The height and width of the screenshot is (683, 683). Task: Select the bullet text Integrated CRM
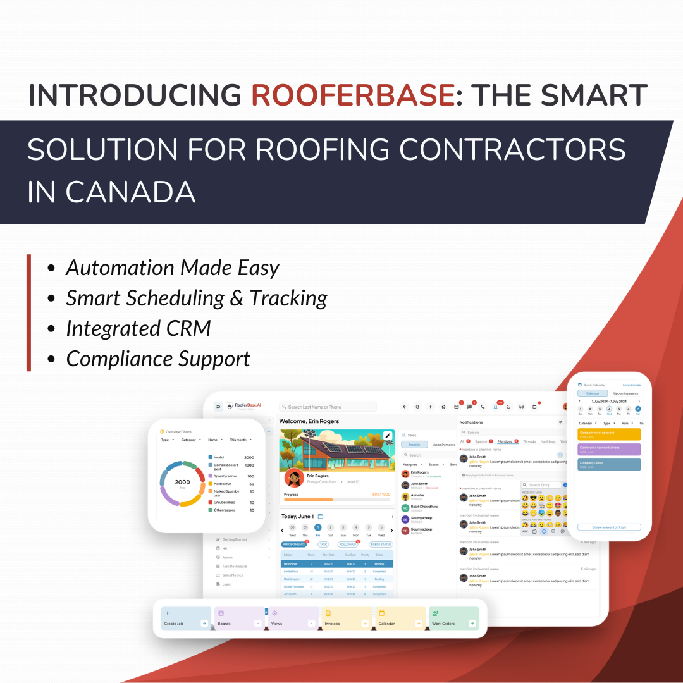(138, 328)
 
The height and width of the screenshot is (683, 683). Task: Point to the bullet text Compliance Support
(158, 359)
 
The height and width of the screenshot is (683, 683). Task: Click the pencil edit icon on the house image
(388, 435)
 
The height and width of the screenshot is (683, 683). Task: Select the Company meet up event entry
(609, 434)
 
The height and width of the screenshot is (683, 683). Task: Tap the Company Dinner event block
(609, 464)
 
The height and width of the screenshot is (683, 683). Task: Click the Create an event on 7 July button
(609, 527)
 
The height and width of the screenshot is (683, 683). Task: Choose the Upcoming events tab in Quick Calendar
(625, 393)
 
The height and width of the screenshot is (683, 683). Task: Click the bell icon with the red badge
(495, 407)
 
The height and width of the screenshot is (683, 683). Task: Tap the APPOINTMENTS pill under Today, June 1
(294, 544)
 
